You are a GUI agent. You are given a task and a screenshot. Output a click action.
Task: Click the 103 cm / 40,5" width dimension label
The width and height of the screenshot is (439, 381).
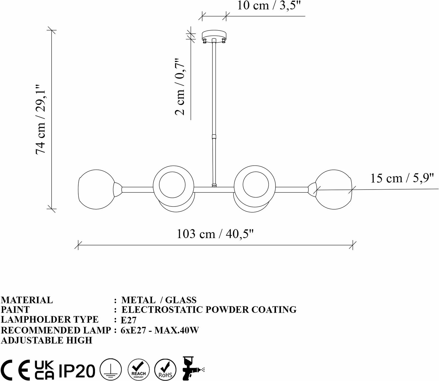(215, 234)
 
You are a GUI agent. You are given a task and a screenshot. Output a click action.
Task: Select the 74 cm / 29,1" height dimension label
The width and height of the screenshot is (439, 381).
(41, 119)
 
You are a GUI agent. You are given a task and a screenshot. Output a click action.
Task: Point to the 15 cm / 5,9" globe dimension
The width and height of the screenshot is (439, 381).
(402, 179)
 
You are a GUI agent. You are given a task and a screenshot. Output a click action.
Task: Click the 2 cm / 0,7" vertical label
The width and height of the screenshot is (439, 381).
(180, 86)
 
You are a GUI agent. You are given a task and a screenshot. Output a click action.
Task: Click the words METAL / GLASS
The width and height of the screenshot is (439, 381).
(159, 300)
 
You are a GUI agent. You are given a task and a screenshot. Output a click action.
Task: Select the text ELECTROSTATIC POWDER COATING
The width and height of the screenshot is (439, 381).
(209, 310)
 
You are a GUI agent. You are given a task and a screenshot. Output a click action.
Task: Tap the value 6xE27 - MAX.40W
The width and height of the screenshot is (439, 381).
(160, 330)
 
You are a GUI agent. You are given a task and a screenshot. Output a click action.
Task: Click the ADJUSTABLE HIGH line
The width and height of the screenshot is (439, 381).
(47, 340)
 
